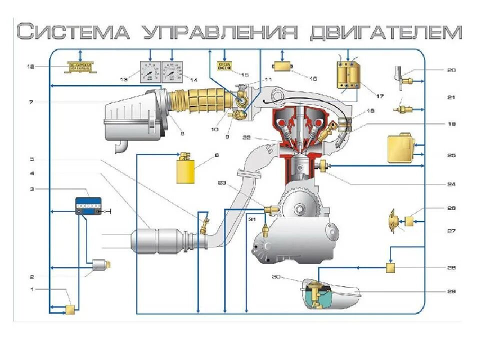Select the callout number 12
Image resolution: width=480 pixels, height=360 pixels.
point(31,66)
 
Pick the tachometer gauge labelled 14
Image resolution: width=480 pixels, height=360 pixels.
point(172,72)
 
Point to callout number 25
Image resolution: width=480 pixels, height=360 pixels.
point(451,155)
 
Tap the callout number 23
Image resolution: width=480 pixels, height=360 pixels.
point(221,183)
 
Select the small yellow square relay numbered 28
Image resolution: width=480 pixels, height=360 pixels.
point(391,268)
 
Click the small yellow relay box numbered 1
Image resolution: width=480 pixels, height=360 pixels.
point(70,309)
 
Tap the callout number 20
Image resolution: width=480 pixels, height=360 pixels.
point(451,70)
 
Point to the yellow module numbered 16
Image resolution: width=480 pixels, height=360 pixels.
point(283,66)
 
